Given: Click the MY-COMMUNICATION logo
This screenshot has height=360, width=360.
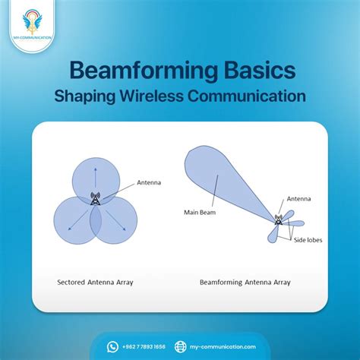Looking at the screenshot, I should click(24, 23).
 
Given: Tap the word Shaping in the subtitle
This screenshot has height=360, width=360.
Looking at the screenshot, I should click(88, 97).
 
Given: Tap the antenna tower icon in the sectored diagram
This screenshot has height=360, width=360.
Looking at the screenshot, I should click(96, 200).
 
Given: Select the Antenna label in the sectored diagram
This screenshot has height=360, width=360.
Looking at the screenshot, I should click(149, 183).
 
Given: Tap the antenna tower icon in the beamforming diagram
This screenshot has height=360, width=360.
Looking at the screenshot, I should click(278, 220).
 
